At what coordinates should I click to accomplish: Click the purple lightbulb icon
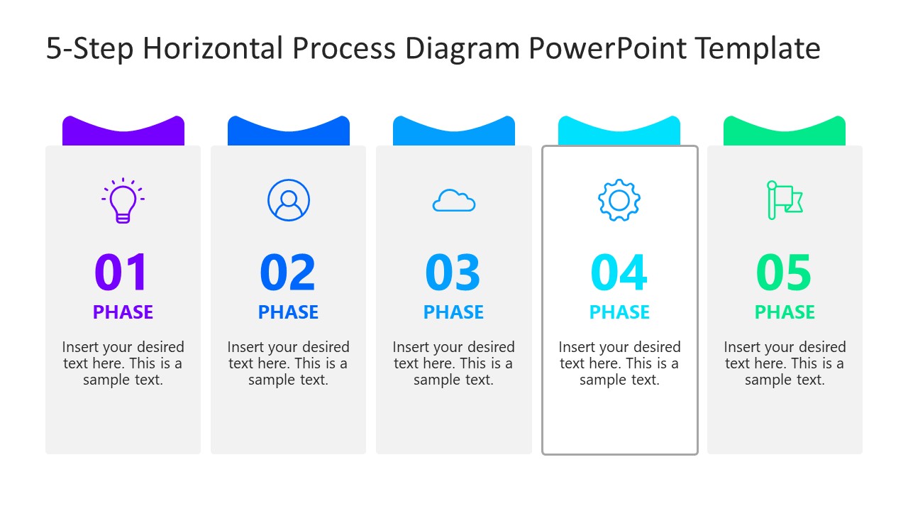tap(123, 200)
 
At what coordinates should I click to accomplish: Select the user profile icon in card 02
tap(289, 200)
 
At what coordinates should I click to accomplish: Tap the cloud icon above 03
tap(454, 201)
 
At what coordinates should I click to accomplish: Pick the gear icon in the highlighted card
tap(619, 200)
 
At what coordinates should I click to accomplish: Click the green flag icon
tap(784, 200)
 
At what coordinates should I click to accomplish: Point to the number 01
tap(122, 273)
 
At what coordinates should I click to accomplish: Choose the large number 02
tap(288, 273)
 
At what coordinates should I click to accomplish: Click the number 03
tap(453, 273)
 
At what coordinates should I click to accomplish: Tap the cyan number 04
tap(619, 273)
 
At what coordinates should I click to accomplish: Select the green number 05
tap(785, 273)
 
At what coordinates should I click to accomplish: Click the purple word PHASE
tap(123, 312)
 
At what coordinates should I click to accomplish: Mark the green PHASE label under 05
tap(785, 312)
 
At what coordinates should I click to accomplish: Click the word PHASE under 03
tap(453, 312)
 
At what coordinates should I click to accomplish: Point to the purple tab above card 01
tap(123, 135)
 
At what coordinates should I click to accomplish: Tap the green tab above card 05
tap(785, 135)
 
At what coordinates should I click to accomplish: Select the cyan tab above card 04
tap(619, 135)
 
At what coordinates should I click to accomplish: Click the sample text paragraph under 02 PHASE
tap(288, 363)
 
